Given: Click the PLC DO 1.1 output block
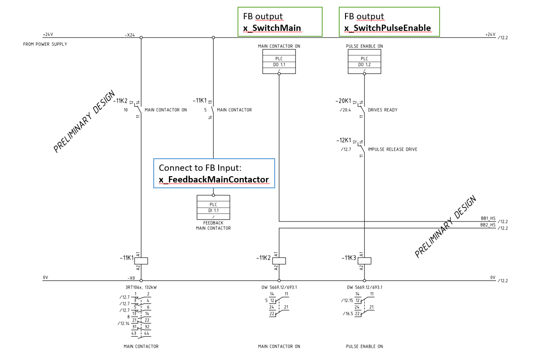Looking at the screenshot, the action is (x=279, y=61).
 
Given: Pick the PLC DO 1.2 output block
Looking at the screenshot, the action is (x=364, y=61).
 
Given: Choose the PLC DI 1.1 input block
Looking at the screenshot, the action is (x=213, y=207).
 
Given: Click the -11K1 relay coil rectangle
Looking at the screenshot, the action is (x=141, y=261).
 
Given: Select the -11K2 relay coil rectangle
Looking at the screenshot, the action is (x=279, y=261).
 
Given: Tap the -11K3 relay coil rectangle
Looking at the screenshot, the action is (x=364, y=261).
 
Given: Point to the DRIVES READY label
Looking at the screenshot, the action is (x=383, y=110).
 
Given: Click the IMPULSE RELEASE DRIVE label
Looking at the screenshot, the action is (x=393, y=149).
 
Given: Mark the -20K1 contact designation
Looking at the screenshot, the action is (x=343, y=101).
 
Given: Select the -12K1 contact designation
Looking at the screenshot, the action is (x=344, y=140).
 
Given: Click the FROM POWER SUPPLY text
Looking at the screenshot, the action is (x=45, y=44).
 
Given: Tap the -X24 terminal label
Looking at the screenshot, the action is (x=130, y=35).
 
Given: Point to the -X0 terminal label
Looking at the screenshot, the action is (x=131, y=278).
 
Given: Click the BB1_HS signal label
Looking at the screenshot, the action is (x=488, y=218).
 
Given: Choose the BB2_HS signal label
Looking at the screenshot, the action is (x=488, y=225).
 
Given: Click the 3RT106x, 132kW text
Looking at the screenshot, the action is (x=141, y=287).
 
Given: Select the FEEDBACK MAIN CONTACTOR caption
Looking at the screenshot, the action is (x=213, y=226).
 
